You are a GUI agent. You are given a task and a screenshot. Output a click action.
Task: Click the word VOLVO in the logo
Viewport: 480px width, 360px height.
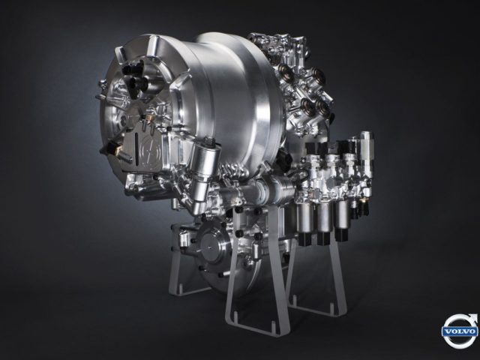tap(460, 331)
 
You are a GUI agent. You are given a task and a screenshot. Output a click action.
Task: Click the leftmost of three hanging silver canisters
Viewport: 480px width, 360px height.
tap(305, 218)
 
